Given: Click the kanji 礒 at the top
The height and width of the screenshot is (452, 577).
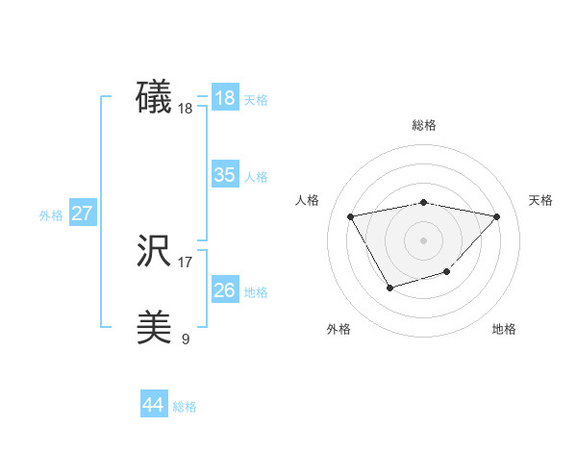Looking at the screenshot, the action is pos(154,98).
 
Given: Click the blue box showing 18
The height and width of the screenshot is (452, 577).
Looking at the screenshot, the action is pos(224,98).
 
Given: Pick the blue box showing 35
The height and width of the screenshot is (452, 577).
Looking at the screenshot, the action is pos(224,175).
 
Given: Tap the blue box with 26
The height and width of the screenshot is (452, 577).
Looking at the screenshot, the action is pos(224,290).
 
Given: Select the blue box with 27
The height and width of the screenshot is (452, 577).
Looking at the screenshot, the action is pos(82,213).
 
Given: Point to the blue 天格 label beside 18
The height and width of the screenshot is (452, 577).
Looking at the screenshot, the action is pos(256,100).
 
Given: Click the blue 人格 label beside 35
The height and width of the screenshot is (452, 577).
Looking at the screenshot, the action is pos(256,177).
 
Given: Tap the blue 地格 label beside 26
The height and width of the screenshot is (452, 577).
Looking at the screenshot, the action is pos(256,292).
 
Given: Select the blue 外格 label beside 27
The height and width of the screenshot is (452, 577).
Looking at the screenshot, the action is pos(51,215).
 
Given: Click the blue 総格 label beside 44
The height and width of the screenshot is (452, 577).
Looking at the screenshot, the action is pos(185,407).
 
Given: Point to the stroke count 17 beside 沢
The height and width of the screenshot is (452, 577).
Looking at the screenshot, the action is pos(186,262).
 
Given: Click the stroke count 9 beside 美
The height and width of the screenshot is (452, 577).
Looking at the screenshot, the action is pos(186,339).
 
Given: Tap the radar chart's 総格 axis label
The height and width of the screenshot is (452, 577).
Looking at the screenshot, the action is pos(424,125).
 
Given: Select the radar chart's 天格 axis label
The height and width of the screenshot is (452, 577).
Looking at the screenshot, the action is pos(541,200).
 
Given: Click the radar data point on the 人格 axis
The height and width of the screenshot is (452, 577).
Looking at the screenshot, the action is pos(351,215).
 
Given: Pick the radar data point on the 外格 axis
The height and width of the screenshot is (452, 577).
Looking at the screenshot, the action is pos(389,287).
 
